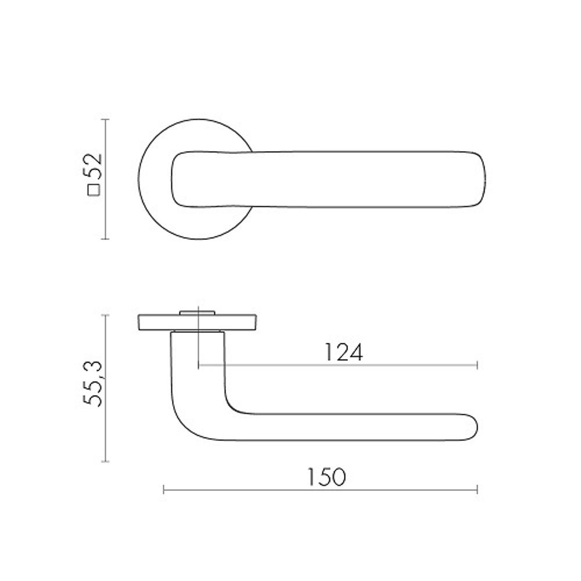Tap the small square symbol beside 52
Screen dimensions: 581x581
(x=94, y=190)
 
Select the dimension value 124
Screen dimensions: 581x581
(x=344, y=353)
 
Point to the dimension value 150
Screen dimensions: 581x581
(x=327, y=477)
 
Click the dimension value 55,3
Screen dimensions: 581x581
(x=93, y=383)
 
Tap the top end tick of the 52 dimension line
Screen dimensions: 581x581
(x=106, y=119)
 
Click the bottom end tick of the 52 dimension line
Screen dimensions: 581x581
(x=106, y=239)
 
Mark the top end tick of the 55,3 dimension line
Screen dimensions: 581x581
(x=106, y=314)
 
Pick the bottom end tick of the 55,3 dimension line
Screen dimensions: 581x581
(x=106, y=462)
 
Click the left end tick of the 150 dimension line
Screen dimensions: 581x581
(x=164, y=490)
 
